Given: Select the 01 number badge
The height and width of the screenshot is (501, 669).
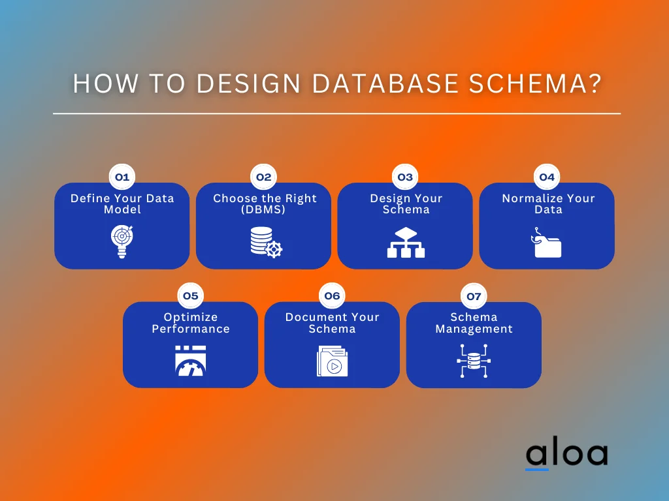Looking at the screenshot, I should pos(122,177).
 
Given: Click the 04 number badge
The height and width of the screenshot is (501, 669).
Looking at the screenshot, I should pos(547,177).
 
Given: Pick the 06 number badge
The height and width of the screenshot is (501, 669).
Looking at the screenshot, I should pos(332,296).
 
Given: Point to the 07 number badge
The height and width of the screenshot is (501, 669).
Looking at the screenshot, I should pos(474,296).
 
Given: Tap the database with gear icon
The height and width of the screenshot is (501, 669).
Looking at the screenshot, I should pos(265,242).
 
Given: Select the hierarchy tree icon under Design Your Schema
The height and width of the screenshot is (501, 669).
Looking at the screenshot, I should pos(406,242).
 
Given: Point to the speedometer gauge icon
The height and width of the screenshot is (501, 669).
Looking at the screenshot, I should pos(190,361).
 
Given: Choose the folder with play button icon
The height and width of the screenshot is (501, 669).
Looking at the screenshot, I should pos(332,361).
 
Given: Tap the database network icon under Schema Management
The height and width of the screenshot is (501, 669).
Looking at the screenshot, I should pos(474,361).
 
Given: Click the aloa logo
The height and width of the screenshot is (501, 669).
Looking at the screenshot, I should pos(566,454).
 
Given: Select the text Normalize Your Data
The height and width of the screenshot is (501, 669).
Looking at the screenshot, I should pos(547,204).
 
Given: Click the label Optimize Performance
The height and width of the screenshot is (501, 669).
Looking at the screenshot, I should pos(191,323).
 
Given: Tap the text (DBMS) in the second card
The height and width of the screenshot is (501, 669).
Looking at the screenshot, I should pos(265,209).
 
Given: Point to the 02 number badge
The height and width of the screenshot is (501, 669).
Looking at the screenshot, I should pos(263,177).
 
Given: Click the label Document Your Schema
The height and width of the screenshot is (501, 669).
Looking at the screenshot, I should pos(332,323).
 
